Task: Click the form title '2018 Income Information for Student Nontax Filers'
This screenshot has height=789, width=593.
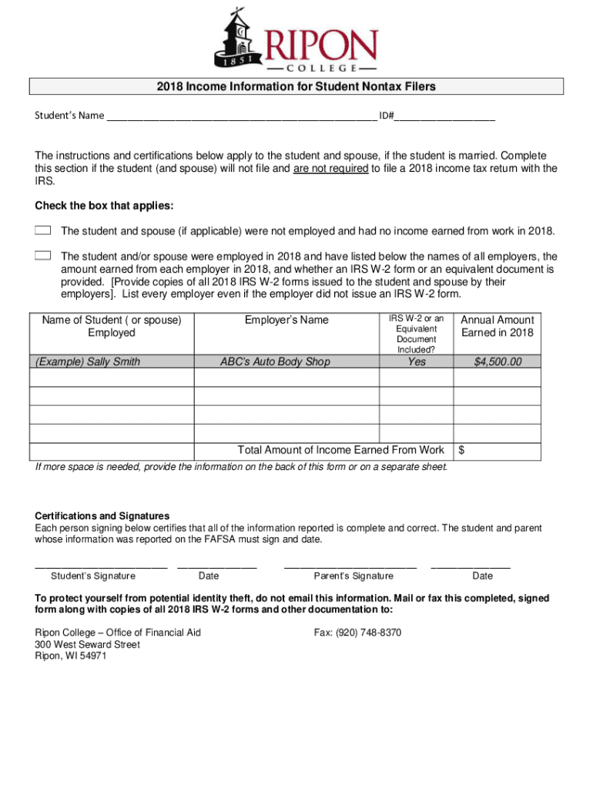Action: [296, 86]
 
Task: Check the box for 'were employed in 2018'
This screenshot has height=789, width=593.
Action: [43, 256]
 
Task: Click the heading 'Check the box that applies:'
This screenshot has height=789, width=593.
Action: [104, 206]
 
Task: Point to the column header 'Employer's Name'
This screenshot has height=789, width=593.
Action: [286, 320]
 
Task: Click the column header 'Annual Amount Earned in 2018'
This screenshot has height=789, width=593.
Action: [497, 326]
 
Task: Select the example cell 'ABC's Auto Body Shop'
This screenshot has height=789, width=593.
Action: [275, 361]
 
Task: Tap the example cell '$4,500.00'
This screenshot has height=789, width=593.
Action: [498, 361]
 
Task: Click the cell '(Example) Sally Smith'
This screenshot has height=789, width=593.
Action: [85, 361]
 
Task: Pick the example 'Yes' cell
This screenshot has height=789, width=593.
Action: [416, 361]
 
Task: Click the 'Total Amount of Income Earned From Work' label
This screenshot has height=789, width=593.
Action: [340, 450]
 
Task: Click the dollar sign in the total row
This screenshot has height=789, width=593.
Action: [462, 450]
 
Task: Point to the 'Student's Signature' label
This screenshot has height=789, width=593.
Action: [93, 576]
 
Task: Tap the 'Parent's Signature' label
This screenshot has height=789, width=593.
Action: [353, 576]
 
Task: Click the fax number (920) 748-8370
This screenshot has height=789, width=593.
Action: [357, 633]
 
